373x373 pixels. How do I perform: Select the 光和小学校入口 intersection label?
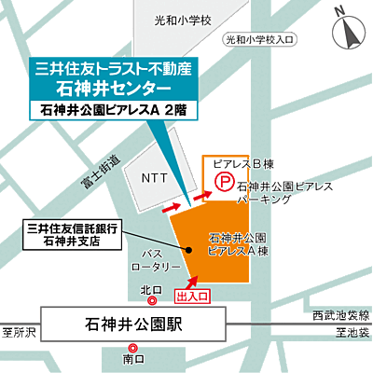258,39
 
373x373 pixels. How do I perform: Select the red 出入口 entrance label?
193,295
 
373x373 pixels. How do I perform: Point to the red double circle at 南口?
133,348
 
